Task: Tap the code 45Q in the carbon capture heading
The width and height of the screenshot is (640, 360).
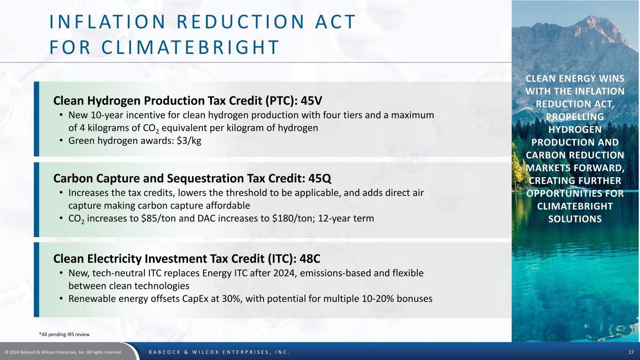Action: (320, 179)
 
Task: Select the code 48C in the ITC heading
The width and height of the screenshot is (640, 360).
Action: (310, 259)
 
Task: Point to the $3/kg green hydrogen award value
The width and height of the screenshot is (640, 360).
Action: (189, 141)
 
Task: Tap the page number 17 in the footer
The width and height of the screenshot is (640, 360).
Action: (631, 352)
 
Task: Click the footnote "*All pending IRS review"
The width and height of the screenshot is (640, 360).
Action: (64, 334)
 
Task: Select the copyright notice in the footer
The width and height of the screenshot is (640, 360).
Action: (63, 352)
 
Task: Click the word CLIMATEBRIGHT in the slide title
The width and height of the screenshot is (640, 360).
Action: (190, 47)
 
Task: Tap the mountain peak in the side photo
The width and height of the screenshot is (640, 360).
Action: (591, 17)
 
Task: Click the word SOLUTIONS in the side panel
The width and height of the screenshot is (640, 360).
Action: (575, 219)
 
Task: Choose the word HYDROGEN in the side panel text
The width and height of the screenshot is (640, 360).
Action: (575, 129)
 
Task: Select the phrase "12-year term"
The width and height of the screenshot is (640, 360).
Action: (346, 218)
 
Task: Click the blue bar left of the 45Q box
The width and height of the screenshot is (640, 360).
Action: (36, 200)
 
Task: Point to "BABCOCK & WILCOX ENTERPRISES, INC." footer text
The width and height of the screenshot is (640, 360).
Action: (219, 352)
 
